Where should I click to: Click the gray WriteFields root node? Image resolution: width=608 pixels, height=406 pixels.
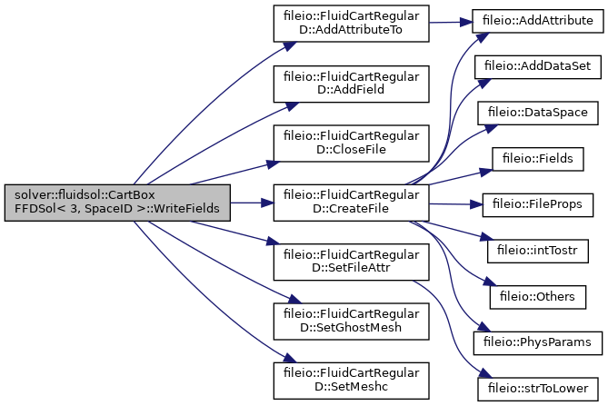117,203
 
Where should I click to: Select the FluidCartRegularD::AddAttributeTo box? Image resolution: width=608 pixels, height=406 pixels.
352,24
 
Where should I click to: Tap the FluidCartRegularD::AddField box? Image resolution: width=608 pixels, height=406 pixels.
352,84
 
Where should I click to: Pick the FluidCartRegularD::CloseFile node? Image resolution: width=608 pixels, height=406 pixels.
352,144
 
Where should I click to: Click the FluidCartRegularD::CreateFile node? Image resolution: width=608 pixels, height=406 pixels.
352,203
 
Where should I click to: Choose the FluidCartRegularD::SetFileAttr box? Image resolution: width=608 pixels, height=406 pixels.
352,262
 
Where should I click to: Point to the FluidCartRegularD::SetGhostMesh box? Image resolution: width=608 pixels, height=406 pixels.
352,322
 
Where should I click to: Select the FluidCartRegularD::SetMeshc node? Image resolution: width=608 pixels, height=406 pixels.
352,381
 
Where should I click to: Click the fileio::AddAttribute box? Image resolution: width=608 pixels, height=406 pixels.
538,21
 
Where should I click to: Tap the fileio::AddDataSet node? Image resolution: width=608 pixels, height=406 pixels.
538,67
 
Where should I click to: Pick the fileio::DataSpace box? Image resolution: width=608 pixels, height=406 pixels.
538,114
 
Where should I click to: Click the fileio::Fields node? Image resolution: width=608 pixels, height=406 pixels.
538,159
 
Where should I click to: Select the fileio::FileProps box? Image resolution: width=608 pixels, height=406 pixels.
538,205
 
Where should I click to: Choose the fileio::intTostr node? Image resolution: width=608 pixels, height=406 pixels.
538,251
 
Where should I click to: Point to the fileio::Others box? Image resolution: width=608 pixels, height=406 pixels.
538,297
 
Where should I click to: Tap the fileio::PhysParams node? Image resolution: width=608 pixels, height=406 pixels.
538,342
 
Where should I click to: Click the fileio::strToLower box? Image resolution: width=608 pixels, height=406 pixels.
538,389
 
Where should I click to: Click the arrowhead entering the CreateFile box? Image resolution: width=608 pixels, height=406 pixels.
267,203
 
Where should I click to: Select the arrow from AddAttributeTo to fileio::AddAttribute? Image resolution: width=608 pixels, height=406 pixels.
451,23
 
